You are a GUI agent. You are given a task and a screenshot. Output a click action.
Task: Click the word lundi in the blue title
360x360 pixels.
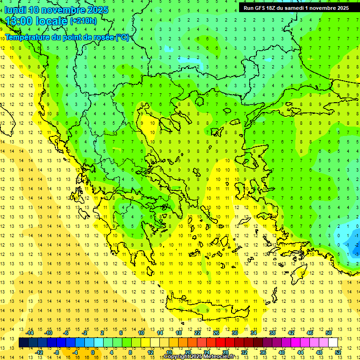click(15, 10)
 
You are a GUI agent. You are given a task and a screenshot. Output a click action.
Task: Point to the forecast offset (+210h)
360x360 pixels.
click(83, 21)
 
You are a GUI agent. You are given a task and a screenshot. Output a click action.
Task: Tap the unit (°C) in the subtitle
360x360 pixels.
click(122, 37)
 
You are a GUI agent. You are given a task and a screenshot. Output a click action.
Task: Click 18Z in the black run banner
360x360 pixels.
click(272, 8)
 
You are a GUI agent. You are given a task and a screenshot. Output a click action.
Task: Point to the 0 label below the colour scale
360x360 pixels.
click(93, 352)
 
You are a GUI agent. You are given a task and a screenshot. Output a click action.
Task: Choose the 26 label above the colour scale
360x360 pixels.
click(216, 333)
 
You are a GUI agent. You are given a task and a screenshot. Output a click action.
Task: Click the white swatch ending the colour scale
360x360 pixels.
click(333, 342)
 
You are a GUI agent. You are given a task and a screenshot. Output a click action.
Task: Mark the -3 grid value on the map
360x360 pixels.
click(357, 254)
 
